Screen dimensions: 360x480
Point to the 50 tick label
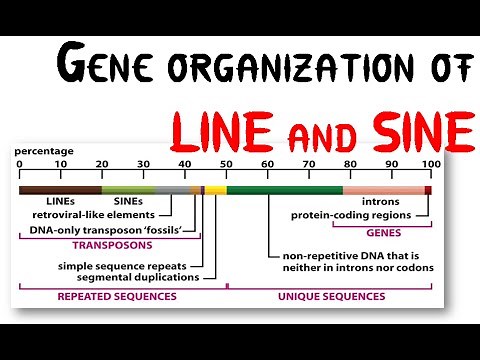point(226,163)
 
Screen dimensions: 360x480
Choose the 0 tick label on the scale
point(19,163)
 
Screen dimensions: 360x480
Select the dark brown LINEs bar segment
point(60,189)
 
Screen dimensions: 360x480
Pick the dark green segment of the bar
point(284,189)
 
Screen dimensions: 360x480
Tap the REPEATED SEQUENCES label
point(117,296)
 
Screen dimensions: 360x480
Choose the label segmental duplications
point(136,276)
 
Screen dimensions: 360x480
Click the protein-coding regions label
point(351,214)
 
